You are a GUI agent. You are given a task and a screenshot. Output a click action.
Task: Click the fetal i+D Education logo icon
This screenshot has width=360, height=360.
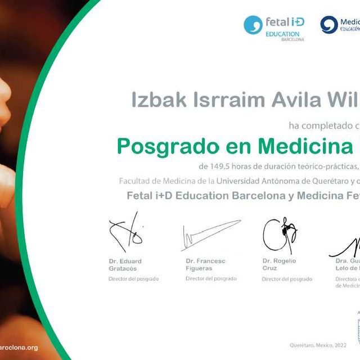(x=253, y=25)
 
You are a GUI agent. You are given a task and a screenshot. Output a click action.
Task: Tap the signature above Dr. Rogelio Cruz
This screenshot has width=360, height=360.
(x=280, y=233)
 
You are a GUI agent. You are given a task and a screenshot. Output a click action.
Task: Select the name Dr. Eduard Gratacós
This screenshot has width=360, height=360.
(x=125, y=264)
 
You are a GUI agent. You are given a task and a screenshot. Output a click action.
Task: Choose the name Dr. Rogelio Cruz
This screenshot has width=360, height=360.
(x=279, y=264)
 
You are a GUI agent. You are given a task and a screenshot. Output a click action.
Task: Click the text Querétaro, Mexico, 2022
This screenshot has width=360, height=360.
(x=317, y=345)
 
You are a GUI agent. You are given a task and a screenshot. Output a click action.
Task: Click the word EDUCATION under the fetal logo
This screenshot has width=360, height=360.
(x=282, y=34)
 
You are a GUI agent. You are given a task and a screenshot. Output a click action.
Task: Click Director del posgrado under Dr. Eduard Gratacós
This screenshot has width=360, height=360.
(x=134, y=279)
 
